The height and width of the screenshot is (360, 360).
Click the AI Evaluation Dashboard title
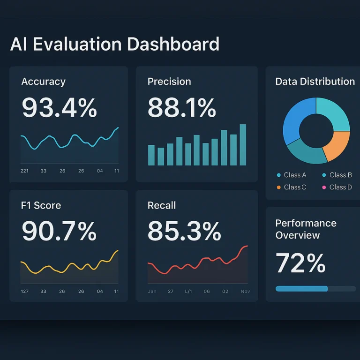point(114,44)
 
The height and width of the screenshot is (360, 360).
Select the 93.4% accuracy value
point(59,107)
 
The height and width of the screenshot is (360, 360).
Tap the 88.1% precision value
point(182,107)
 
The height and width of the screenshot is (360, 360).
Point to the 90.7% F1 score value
point(59,231)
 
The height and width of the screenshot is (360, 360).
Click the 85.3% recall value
point(184,231)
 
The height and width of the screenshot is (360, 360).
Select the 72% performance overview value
point(300,263)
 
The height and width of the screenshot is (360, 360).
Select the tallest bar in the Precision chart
point(243,145)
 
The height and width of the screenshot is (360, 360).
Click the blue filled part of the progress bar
point(301,289)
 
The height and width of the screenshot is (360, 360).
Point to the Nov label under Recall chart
point(245,292)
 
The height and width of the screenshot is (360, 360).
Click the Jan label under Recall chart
point(152,292)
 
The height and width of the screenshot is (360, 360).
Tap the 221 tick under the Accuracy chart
point(24,171)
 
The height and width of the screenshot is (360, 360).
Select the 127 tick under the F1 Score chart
point(24,292)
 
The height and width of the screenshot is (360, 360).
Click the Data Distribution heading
point(315,82)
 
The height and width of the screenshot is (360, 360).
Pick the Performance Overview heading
point(306,229)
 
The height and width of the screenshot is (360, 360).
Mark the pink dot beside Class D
point(324,187)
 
